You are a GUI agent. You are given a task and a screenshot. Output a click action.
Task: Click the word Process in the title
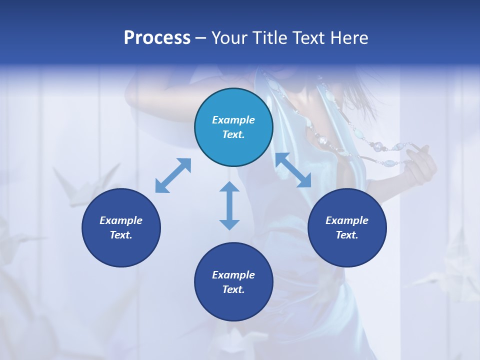pyautogui.click(x=157, y=38)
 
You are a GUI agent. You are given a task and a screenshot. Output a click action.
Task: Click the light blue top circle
pyautogui.click(x=233, y=127)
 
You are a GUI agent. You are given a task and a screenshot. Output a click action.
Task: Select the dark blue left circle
pyautogui.click(x=121, y=227)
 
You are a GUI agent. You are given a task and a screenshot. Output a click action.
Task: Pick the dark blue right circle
pyautogui.click(x=347, y=227)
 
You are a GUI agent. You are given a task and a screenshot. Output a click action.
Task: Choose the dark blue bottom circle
pyautogui.click(x=233, y=282)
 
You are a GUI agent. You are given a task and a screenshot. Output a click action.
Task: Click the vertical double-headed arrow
pyautogui.click(x=229, y=206)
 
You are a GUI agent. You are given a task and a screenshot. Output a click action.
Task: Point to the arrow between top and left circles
pyautogui.click(x=173, y=175)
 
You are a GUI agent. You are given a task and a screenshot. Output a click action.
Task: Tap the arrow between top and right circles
pyautogui.click(x=293, y=170)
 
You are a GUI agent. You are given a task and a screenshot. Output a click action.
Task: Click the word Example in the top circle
pyautogui.click(x=233, y=120)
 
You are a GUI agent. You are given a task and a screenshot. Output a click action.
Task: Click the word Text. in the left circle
pyautogui.click(x=121, y=235)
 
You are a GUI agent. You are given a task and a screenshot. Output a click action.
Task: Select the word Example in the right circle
pyautogui.click(x=347, y=220)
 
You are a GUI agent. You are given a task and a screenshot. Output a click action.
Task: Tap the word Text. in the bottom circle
pyautogui.click(x=233, y=289)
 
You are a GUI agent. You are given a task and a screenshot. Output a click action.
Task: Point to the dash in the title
pyautogui.click(x=201, y=38)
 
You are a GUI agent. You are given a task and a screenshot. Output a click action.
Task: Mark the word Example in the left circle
pyautogui.click(x=121, y=220)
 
